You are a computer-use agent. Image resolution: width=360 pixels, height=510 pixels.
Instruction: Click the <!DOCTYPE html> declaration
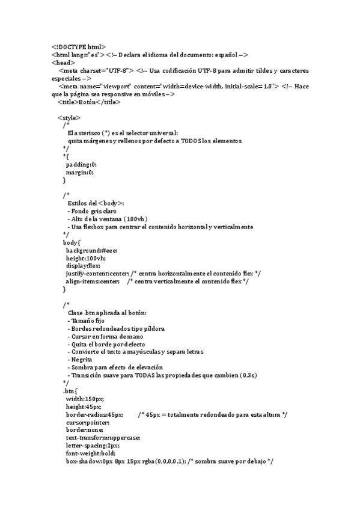(x=79, y=46)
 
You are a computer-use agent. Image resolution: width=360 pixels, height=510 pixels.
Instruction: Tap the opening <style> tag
(x=69, y=118)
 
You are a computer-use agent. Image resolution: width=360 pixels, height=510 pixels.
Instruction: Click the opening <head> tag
(x=63, y=62)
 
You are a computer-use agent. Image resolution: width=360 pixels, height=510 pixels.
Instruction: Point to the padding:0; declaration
(x=81, y=164)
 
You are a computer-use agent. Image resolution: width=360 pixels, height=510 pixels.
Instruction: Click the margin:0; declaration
(x=80, y=172)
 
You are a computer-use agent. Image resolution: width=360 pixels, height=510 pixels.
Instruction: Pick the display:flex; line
(x=83, y=265)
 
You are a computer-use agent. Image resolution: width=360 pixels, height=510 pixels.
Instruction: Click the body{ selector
(x=72, y=242)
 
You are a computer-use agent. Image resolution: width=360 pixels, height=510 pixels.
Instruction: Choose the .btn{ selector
(x=70, y=391)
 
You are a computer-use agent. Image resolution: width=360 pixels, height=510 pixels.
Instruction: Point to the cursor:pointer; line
(x=88, y=422)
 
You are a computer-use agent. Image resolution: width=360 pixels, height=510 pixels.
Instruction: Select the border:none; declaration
(x=85, y=430)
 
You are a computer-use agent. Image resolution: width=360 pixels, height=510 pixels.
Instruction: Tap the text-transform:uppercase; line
(x=103, y=438)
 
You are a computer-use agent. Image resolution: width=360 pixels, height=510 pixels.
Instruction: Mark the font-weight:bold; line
(x=91, y=453)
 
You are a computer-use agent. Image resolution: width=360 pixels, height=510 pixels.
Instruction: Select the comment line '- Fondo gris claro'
(x=93, y=211)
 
